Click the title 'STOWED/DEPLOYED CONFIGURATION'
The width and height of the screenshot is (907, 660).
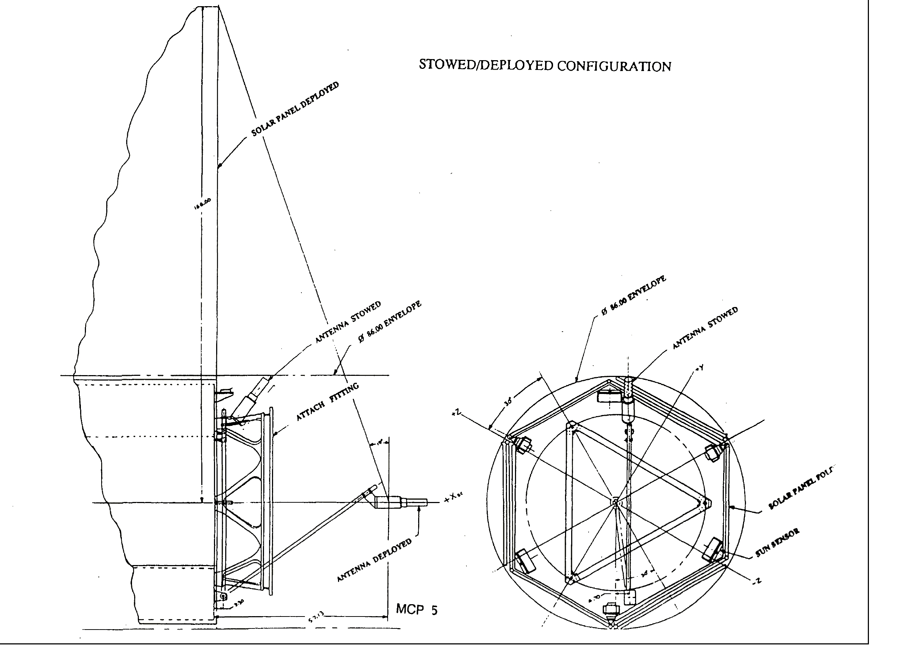[545, 66]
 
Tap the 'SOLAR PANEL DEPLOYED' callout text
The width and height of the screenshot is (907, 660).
[295, 109]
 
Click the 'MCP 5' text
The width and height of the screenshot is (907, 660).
[416, 609]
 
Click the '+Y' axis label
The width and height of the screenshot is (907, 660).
[699, 368]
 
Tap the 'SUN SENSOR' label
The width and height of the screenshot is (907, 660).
[777, 543]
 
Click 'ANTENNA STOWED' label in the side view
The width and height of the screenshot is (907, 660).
[348, 322]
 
